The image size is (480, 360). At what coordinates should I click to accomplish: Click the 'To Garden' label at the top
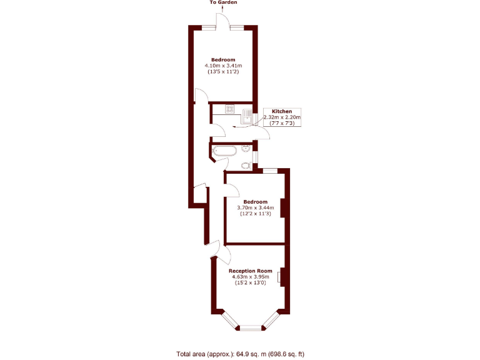tap(223, 2)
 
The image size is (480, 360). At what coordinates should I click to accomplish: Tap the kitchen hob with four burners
tap(229, 109)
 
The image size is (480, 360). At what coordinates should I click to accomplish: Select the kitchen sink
tap(247, 114)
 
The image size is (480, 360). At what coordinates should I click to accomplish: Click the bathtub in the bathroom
tap(224, 151)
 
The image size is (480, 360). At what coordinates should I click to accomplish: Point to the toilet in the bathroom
tap(246, 166)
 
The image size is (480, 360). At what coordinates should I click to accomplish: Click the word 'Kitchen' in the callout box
tap(282, 111)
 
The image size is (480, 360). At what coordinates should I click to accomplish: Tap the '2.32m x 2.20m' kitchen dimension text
tap(282, 117)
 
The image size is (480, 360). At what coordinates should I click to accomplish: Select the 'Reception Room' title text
tap(250, 271)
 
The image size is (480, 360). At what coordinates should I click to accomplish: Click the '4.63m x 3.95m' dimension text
tap(250, 277)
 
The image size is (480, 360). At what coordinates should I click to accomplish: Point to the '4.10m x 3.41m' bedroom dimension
tap(223, 66)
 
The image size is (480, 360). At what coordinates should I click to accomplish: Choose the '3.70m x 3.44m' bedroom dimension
tap(255, 208)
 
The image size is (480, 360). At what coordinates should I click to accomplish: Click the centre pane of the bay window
tap(251, 327)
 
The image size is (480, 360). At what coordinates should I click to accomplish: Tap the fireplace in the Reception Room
tap(281, 276)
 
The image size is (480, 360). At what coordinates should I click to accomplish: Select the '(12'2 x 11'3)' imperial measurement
tap(255, 214)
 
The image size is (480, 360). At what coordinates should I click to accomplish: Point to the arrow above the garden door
tap(223, 9)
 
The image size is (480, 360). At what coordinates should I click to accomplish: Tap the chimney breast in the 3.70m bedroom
tap(283, 207)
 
